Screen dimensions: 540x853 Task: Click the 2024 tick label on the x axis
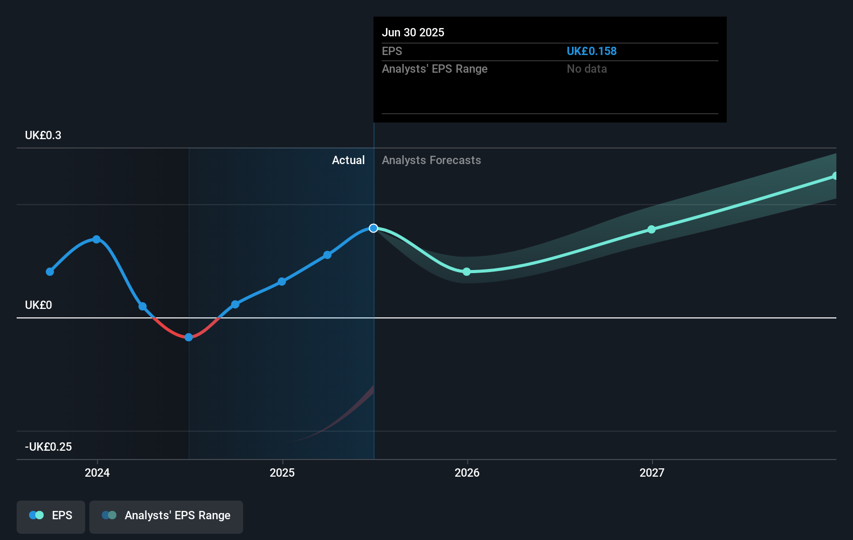97,473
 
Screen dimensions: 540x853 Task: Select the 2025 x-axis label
282,473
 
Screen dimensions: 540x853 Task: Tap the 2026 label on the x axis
467,473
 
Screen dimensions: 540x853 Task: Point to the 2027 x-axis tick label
652,473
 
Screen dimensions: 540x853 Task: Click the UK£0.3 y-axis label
43,136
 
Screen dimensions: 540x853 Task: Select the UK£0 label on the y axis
38,305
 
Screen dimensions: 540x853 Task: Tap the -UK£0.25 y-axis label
48,447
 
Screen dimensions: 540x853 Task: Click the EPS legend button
51,516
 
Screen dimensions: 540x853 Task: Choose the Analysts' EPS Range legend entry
166,516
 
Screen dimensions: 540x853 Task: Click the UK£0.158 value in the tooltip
591,51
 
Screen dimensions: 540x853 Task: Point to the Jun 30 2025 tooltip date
413,33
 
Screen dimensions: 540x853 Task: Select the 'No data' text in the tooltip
587,69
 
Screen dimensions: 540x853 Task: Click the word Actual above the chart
348,160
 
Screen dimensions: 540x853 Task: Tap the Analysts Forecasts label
431,160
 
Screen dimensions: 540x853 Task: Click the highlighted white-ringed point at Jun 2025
374,228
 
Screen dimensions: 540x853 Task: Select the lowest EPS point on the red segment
189,337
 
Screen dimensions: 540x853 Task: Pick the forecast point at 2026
467,272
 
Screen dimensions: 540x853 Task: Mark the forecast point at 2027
651,230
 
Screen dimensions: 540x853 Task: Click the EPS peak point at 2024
97,239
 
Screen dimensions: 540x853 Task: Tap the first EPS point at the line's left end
50,272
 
